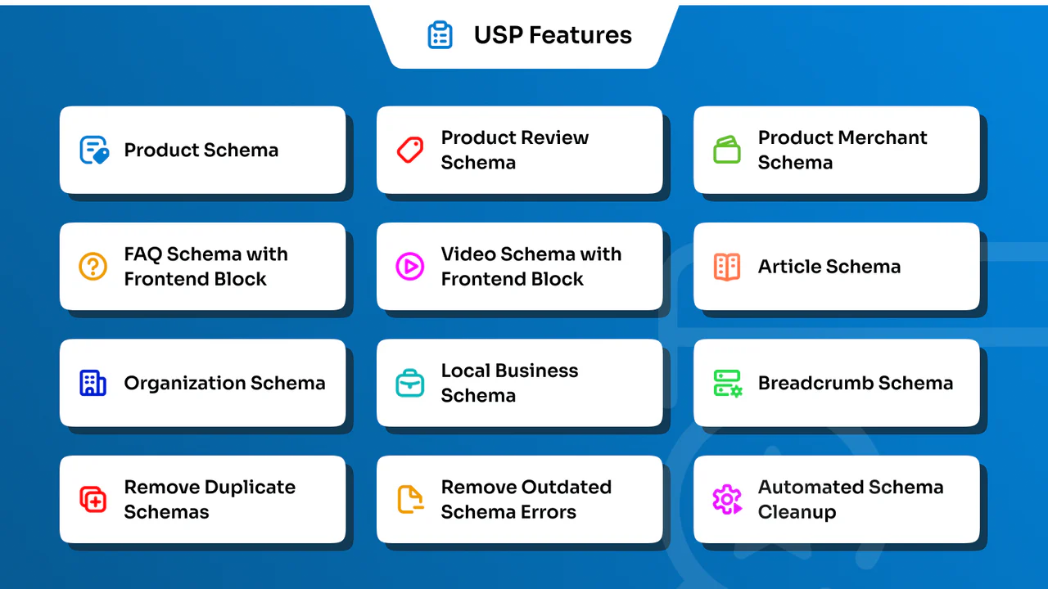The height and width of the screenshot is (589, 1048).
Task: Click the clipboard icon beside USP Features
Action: [x=440, y=35]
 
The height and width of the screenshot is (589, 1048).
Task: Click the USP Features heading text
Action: [x=553, y=35]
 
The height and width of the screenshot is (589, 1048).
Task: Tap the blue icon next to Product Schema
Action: [x=94, y=150]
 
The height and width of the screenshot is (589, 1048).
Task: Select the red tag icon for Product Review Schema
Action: [x=410, y=150]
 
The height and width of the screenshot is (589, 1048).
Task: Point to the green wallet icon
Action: [x=727, y=150]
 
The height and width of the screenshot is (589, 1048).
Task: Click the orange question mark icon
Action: [x=93, y=266]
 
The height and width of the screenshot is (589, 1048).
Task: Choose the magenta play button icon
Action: [x=409, y=266]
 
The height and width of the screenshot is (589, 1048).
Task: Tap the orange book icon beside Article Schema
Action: [x=727, y=266]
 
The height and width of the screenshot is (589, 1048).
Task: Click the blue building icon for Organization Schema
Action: [x=93, y=383]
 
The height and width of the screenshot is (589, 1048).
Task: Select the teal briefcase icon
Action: [x=409, y=383]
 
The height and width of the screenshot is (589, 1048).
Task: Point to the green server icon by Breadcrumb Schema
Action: [x=727, y=383]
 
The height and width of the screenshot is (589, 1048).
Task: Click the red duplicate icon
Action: [x=93, y=499]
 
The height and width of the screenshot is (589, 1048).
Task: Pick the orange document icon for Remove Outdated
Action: [x=410, y=499]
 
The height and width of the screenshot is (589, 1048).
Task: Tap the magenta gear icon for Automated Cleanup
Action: [x=727, y=499]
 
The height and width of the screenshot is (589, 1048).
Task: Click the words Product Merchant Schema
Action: [x=842, y=150]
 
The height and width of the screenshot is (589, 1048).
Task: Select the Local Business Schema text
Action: [x=509, y=383]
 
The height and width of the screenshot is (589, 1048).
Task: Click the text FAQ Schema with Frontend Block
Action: [x=206, y=266]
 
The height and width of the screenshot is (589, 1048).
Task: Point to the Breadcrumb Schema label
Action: [x=856, y=383]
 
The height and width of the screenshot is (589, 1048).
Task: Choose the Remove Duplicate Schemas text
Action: [x=210, y=499]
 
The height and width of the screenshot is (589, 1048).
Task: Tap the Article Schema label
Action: [x=829, y=266]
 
